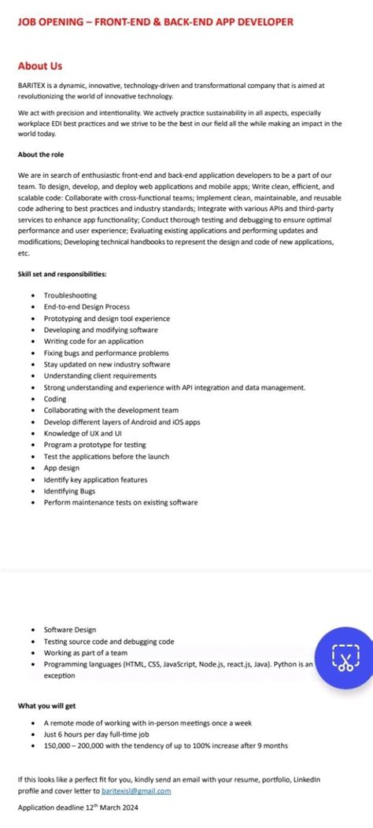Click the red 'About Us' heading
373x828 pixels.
point(40,66)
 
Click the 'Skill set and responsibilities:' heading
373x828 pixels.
point(62,274)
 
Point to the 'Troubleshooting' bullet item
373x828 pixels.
point(70,295)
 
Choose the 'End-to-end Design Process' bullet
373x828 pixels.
point(87,306)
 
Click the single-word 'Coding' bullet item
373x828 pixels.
point(55,399)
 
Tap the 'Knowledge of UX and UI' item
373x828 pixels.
point(83,433)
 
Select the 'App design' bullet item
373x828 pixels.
point(61,468)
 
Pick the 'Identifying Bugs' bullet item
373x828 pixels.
point(69,490)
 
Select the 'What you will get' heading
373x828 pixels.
point(47,706)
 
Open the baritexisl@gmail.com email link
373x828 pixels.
point(136,790)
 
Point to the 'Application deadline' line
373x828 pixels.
point(72,808)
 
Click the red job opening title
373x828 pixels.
point(156,22)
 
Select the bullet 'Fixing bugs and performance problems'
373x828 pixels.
point(106,353)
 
